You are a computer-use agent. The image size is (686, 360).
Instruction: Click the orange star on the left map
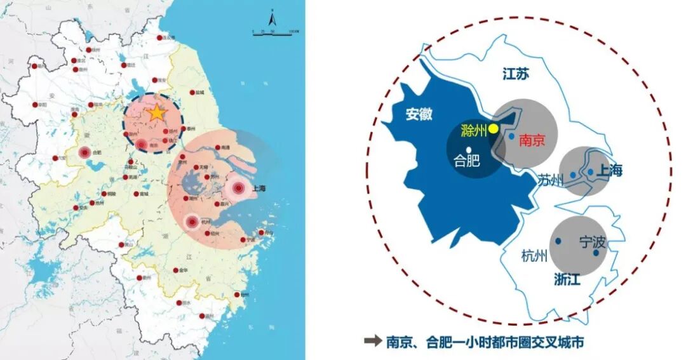coord(156,113)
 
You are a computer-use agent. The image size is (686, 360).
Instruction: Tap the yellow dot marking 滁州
coord(494,128)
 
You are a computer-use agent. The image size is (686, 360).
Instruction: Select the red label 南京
coord(532,140)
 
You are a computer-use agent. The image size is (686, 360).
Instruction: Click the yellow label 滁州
coord(473,131)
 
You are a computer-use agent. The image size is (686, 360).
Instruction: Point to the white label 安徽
coord(419,114)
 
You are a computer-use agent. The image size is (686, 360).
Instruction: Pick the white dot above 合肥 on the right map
coord(468,149)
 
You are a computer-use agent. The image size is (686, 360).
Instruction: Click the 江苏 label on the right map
coord(515,74)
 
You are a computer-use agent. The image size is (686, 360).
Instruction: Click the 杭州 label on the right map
coord(534,257)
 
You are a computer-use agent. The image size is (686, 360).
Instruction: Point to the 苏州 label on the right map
coord(550,180)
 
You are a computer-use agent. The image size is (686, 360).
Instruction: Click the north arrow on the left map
coord(272,18)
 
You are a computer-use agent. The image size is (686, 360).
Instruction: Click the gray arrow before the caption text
coord(372,342)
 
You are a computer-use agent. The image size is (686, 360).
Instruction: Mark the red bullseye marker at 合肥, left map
coord(85,152)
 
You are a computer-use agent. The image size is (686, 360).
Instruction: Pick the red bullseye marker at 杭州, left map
coord(192,222)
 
